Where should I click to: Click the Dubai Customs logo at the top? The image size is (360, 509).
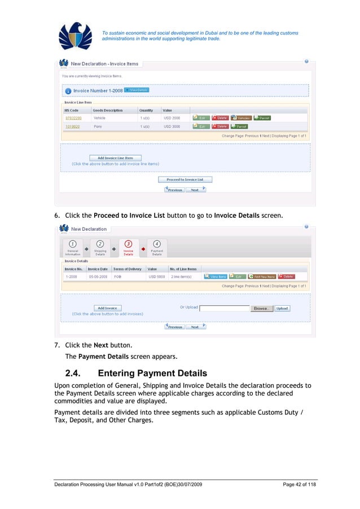75,36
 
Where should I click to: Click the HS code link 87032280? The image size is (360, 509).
73,118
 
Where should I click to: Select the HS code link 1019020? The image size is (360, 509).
72,127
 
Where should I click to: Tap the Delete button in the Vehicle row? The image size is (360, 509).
220,118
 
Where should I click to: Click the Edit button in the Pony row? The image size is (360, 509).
201,127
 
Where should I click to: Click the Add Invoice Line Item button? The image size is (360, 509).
115,158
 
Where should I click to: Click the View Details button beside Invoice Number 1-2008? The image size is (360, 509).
137,90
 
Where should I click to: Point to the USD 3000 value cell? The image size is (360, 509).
172,127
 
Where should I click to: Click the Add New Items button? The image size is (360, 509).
262,277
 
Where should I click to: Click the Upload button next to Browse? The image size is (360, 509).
282,308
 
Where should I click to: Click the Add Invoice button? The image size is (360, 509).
107,308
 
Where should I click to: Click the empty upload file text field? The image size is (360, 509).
225,308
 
